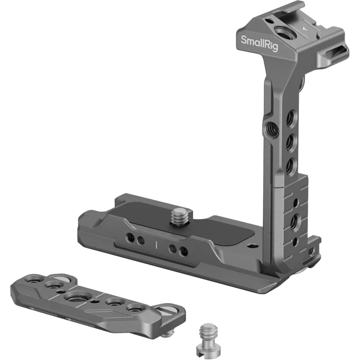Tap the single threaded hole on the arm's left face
[271, 129]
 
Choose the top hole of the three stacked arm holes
[292, 117]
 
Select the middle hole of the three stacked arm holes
[292, 141]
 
